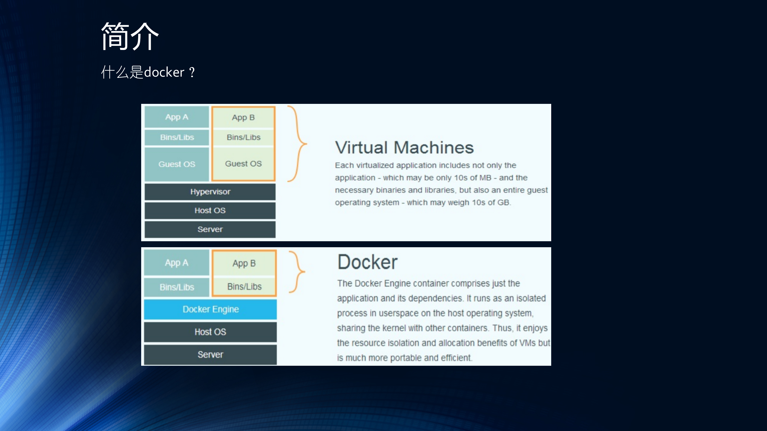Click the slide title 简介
pyautogui.click(x=130, y=37)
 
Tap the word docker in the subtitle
pyautogui.click(x=164, y=72)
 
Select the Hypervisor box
pyautogui.click(x=210, y=192)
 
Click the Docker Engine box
pyautogui.click(x=210, y=309)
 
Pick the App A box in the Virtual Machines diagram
pyautogui.click(x=177, y=117)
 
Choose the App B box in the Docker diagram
pyautogui.click(x=244, y=263)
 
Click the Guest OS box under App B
pyautogui.click(x=243, y=164)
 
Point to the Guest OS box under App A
pyautogui.click(x=177, y=164)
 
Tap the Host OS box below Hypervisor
pyautogui.click(x=210, y=210)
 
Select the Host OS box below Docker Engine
pyautogui.click(x=210, y=332)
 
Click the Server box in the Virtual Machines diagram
pyautogui.click(x=210, y=229)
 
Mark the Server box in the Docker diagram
pyautogui.click(x=210, y=354)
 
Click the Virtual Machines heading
pyautogui.click(x=404, y=147)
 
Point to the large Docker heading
pyautogui.click(x=367, y=262)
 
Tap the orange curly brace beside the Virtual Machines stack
pyautogui.click(x=297, y=144)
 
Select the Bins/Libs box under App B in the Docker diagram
pyautogui.click(x=244, y=286)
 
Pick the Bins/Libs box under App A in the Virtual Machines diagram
pyautogui.click(x=177, y=137)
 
